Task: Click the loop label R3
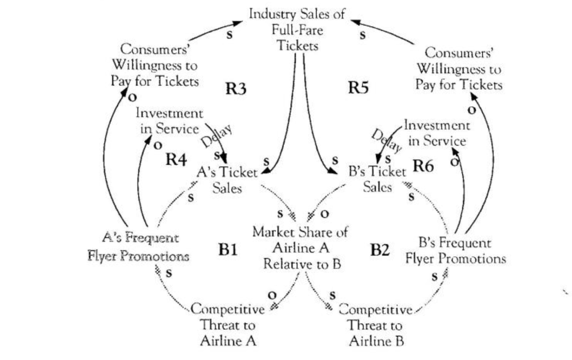(x=236, y=89)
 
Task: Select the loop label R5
(x=359, y=88)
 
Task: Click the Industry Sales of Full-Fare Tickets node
(x=297, y=29)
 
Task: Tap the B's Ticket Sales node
(x=378, y=179)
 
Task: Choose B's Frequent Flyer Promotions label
(x=455, y=250)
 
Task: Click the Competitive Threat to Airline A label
(x=228, y=324)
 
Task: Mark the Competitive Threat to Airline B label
(x=376, y=324)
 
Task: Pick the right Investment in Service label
(x=436, y=133)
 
